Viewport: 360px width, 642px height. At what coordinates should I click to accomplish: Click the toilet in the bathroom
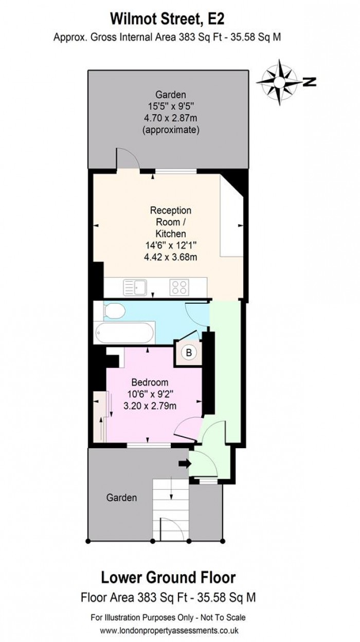tap(113, 311)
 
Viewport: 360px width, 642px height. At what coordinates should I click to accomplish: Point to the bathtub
tap(124, 333)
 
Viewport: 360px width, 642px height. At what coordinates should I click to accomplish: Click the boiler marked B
tap(189, 353)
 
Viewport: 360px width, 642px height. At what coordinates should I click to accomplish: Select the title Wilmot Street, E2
tap(169, 20)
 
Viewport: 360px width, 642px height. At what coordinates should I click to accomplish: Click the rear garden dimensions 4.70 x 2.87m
tap(170, 118)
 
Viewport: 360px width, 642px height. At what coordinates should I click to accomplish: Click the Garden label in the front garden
tap(122, 498)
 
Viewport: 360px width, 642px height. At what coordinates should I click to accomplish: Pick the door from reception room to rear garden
tap(129, 162)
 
